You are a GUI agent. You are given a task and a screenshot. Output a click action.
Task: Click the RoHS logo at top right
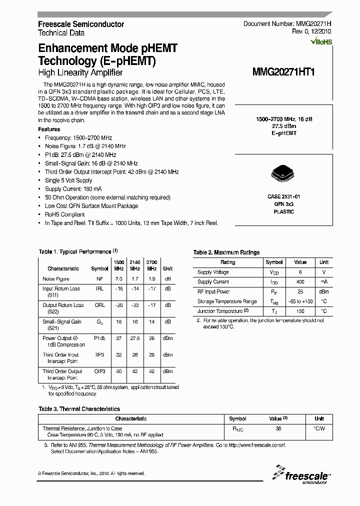click(x=321, y=42)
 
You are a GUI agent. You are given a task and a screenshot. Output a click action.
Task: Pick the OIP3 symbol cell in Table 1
click(x=100, y=371)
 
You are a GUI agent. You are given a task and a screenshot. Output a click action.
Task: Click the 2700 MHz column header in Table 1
click(x=151, y=265)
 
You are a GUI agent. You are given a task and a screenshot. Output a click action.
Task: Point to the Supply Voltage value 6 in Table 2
click(x=300, y=272)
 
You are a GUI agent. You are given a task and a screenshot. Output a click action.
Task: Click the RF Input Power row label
click(x=214, y=291)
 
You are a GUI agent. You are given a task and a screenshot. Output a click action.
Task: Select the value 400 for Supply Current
click(x=300, y=282)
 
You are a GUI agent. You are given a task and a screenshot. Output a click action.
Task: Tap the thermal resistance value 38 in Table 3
click(x=278, y=428)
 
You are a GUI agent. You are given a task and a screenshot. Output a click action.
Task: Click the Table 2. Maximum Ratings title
click(x=226, y=252)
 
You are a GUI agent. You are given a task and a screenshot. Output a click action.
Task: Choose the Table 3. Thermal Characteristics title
click(x=79, y=409)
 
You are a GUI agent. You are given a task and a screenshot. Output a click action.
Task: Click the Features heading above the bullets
click(x=49, y=129)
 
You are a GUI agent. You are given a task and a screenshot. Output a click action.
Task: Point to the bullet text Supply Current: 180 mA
click(x=73, y=189)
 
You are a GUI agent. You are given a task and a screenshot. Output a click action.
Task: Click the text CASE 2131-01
click(x=283, y=197)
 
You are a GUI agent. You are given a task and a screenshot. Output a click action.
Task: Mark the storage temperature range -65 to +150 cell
click(x=300, y=301)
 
